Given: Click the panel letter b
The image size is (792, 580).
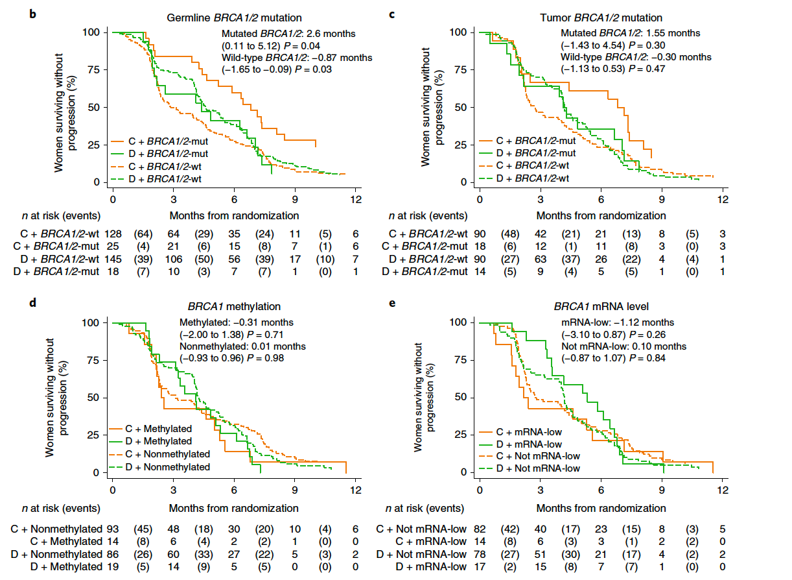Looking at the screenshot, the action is pyautogui.click(x=32, y=14).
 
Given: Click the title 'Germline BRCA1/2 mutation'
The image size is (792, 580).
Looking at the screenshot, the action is pyautogui.click(x=234, y=18).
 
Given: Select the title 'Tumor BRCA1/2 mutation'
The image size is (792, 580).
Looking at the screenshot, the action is pyautogui.click(x=601, y=18).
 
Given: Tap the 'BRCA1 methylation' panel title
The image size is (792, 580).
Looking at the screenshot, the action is pyautogui.click(x=234, y=306).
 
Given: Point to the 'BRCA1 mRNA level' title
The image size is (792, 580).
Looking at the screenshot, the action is pyautogui.click(x=601, y=306).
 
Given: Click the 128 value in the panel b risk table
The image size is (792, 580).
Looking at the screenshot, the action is pyautogui.click(x=113, y=234).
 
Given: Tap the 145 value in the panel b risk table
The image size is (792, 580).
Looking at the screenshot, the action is pyautogui.click(x=113, y=259).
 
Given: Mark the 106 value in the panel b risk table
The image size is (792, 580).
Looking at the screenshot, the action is pyautogui.click(x=174, y=259).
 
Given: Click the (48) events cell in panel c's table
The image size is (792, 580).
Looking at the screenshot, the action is pyautogui.click(x=510, y=234).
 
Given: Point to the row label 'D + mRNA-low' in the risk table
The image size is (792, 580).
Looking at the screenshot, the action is pyautogui.click(x=431, y=567).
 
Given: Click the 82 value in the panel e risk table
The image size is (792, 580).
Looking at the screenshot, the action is pyautogui.click(x=480, y=529).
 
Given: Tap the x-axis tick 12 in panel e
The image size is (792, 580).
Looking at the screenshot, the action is pyautogui.click(x=723, y=490).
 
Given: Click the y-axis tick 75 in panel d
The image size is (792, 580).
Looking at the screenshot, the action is pyautogui.click(x=93, y=360).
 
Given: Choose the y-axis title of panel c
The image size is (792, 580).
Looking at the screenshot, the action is pyautogui.click(x=432, y=107).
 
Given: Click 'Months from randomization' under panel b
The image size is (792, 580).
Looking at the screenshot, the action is pyautogui.click(x=234, y=215).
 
